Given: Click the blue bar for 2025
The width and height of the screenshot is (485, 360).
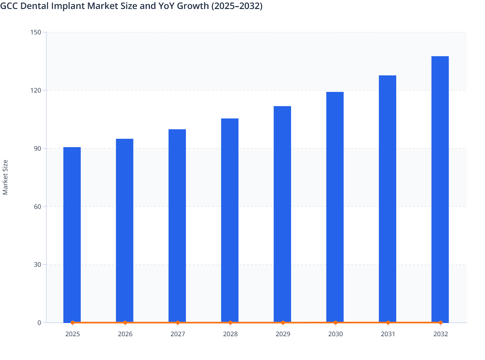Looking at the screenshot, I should click(72, 235).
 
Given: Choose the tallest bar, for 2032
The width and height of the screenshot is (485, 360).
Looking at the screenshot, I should click(440, 189).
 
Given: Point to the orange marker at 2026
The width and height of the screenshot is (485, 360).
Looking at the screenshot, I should click(125, 322).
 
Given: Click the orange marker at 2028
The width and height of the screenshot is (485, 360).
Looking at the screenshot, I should click(230, 322).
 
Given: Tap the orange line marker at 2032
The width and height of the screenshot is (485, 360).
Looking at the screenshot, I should click(441, 322).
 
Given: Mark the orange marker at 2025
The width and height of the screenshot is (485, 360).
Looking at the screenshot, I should click(73, 322).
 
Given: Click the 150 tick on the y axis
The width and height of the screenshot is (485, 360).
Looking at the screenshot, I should click(36, 32).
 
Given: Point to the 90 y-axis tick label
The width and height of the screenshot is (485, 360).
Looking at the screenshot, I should click(37, 148).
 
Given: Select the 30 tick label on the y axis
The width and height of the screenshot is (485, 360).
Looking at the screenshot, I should click(37, 265).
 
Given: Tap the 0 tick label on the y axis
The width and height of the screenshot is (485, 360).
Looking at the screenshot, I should click(39, 323).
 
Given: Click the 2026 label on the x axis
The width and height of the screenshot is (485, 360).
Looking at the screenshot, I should click(125, 334).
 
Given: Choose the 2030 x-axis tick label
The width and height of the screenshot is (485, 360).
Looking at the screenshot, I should click(335, 334).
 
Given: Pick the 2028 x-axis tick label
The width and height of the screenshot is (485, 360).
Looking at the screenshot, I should click(230, 334).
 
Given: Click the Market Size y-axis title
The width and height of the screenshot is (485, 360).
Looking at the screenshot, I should click(5, 177).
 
